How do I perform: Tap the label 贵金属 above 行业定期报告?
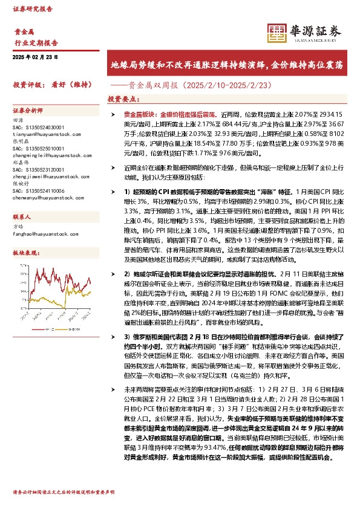tap(24, 34)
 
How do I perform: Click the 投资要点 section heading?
tap(123, 99)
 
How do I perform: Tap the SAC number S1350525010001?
tap(38, 149)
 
